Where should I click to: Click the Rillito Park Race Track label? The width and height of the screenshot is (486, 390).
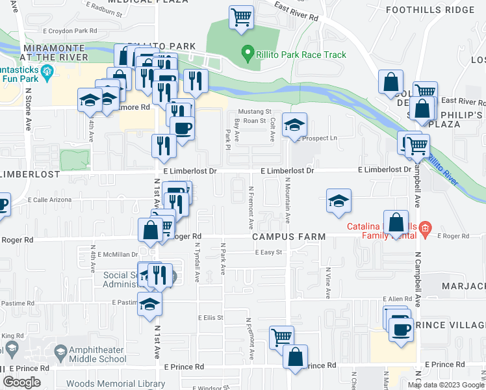(301, 55)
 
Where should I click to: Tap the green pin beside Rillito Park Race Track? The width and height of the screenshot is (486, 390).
(247, 52)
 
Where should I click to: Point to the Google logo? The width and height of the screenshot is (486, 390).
(21, 382)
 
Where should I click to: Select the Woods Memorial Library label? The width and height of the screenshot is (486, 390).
(116, 384)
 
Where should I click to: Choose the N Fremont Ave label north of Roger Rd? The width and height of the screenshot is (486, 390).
(251, 207)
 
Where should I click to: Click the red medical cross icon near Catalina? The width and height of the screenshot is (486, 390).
(424, 227)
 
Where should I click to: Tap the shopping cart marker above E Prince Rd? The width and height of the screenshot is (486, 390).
(281, 337)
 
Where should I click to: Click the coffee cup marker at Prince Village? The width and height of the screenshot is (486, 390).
(401, 329)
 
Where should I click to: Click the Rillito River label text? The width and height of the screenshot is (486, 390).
(443, 168)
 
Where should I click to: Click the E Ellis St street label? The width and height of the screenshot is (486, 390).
(211, 318)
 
